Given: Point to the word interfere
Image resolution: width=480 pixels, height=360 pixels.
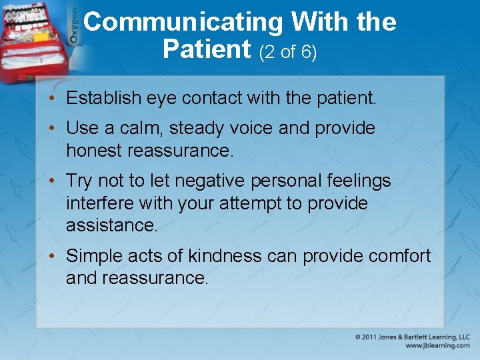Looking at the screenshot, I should pos(96,203).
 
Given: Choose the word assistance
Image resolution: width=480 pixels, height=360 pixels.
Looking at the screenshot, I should pos(111,225).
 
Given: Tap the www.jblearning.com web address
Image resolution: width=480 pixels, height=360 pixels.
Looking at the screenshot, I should pos(437,346).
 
